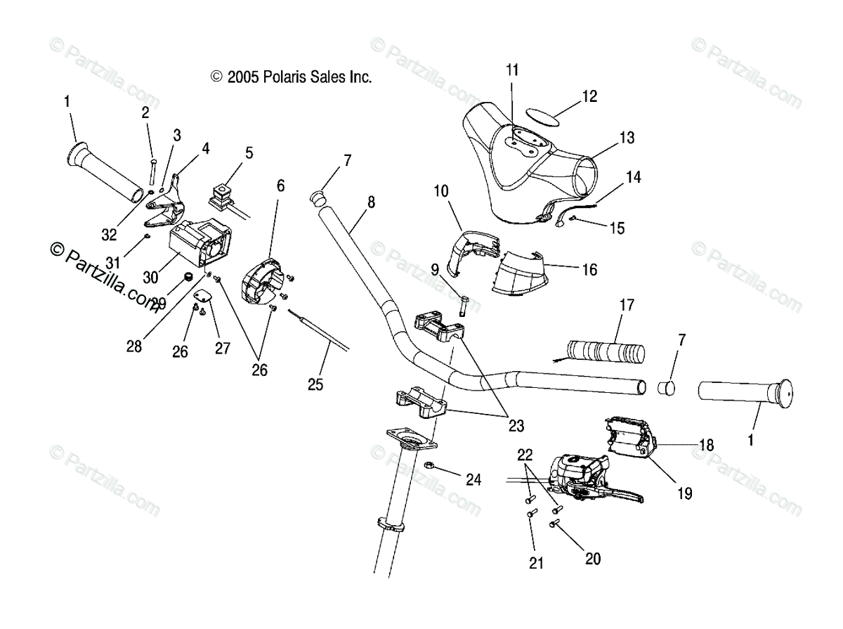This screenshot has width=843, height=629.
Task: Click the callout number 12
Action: click(x=589, y=96)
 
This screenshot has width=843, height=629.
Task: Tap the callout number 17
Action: click(x=626, y=305)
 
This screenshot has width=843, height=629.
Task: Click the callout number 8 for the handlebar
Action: click(x=371, y=202)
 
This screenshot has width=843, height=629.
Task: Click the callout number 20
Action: click(x=593, y=559)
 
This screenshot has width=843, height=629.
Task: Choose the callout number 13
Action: click(x=627, y=136)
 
